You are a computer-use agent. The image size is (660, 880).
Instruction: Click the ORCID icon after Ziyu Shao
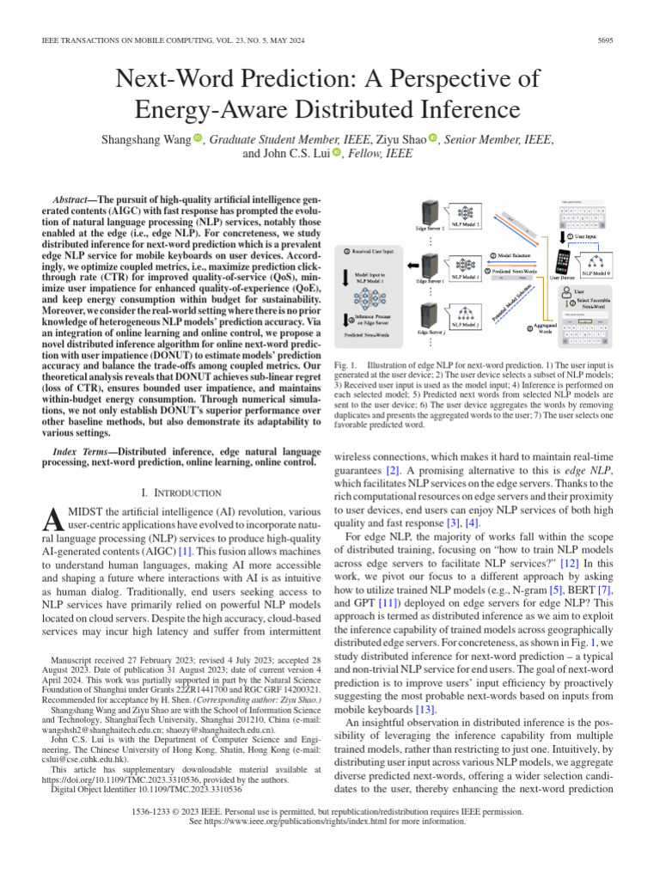(x=433, y=138)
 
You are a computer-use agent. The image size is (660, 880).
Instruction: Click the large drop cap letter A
(x=52, y=518)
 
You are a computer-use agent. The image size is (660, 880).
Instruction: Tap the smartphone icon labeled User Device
(x=564, y=260)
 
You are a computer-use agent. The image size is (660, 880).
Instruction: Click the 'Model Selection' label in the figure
(x=519, y=255)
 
